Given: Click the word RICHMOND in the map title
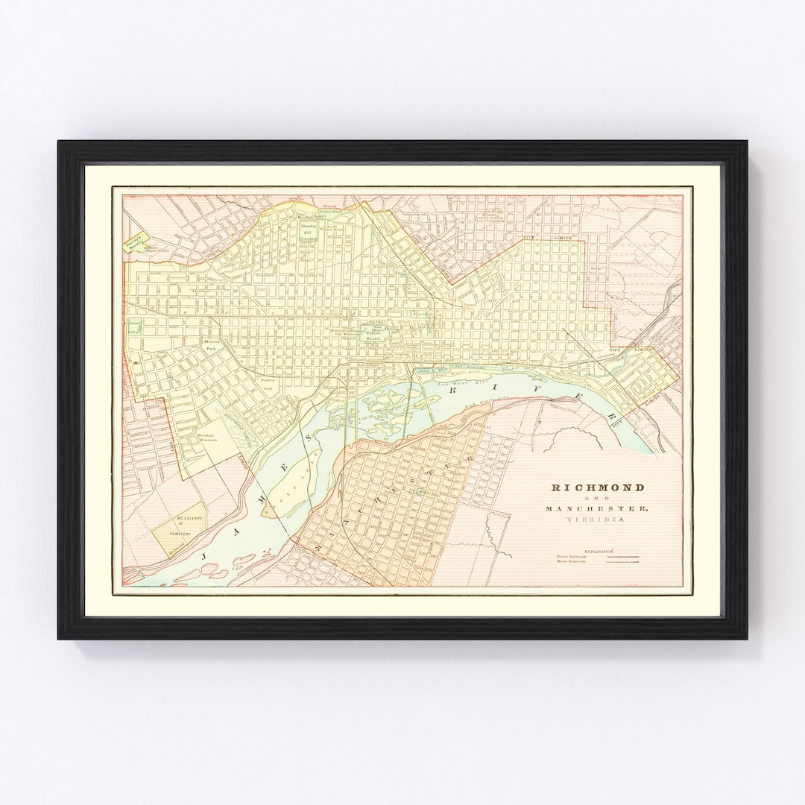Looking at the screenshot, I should coord(598,487).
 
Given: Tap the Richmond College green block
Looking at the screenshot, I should coord(134,326).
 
